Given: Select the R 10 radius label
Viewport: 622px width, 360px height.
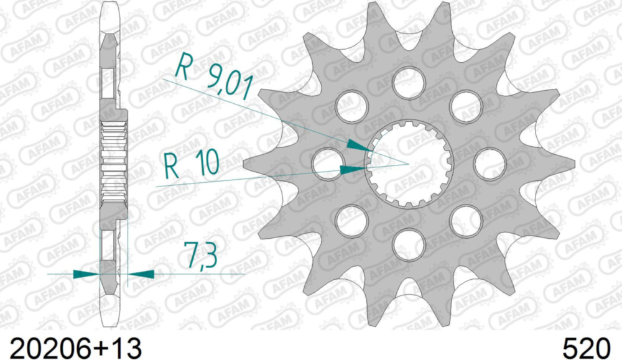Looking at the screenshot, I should coord(192,165).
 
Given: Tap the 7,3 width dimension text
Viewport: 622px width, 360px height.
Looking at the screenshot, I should coord(200,255).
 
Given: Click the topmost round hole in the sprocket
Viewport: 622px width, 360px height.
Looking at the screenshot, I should coord(409,81).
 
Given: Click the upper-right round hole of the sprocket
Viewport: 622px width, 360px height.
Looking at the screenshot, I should coord(466,105).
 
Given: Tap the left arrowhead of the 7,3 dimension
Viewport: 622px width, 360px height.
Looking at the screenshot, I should coord(87,274).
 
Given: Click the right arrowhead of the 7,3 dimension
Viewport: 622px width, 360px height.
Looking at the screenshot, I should coord(141,273).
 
